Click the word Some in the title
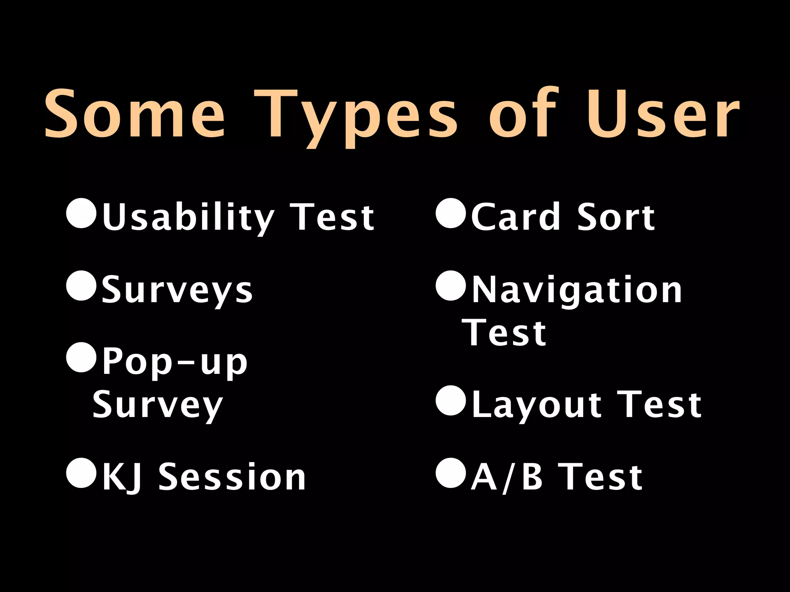[x=135, y=114]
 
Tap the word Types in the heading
[x=355, y=116]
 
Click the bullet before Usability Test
[x=81, y=214]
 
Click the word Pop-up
[x=174, y=362]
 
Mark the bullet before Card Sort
[x=451, y=214]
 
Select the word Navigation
[x=577, y=291]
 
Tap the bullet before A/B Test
[x=451, y=473]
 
